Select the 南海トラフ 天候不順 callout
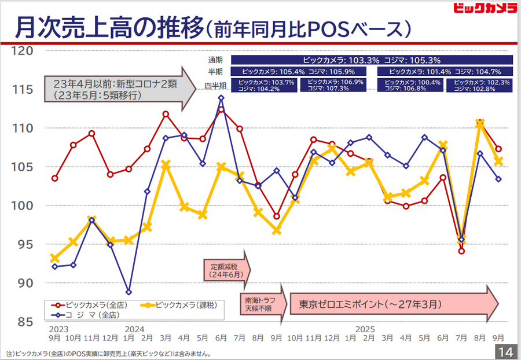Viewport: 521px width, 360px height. [262, 303]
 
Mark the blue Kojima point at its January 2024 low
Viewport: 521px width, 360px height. [128, 292]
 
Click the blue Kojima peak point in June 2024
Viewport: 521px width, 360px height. [221, 98]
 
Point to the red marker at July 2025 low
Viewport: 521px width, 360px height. [461, 251]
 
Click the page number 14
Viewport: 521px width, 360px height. [505, 352]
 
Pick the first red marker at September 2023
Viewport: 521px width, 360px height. [54, 178]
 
